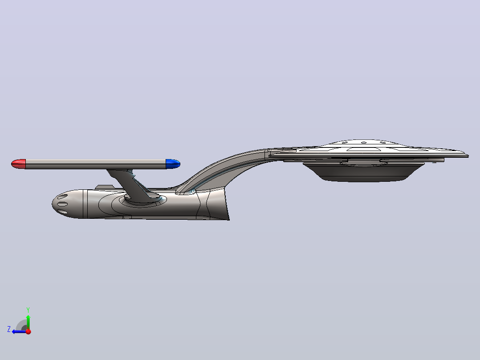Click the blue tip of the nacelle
click(x=173, y=164)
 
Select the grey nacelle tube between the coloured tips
click(x=96, y=164)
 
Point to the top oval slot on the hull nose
click(x=62, y=196)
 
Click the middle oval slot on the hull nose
click(x=62, y=205)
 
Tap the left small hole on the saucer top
click(x=345, y=143)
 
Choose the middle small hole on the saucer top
click(x=364, y=143)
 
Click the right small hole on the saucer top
click(x=382, y=143)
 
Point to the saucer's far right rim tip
click(x=468, y=155)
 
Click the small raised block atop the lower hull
click(x=105, y=187)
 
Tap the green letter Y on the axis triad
click(x=28, y=310)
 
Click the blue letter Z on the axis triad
click(x=9, y=329)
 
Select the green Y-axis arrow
click(x=28, y=322)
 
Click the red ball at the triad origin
click(x=28, y=331)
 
